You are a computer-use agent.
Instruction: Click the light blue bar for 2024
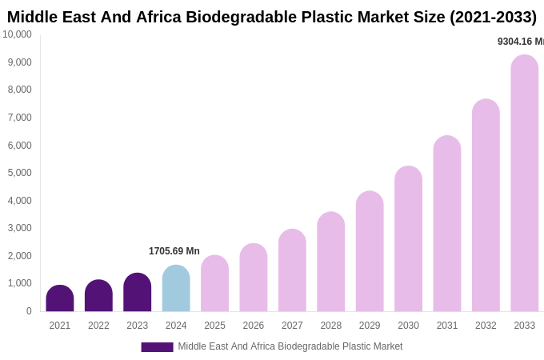tap(176, 289)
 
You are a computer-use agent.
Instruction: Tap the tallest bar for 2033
tap(524, 184)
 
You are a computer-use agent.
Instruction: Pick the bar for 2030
tap(408, 239)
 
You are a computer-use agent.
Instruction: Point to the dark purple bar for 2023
tap(138, 293)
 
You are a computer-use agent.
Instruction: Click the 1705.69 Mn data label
tap(174, 251)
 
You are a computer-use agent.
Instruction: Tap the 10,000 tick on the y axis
tap(17, 34)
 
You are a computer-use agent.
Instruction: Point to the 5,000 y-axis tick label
tap(19, 173)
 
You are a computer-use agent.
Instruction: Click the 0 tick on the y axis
tap(29, 311)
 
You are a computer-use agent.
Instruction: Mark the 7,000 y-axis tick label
tap(19, 118)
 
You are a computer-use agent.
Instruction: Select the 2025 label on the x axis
tap(214, 326)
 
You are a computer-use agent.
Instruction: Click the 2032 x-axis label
tap(486, 326)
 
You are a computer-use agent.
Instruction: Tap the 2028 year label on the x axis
tap(330, 326)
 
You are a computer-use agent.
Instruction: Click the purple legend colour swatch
tap(157, 347)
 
